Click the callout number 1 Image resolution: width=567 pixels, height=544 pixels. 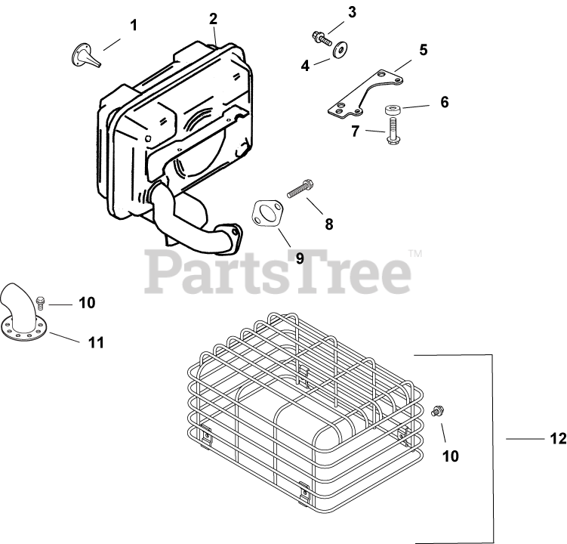coord(134,26)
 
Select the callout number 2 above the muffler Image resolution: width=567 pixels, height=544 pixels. coord(214,18)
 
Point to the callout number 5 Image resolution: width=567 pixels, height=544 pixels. coord(424,50)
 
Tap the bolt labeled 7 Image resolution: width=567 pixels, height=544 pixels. coord(392,136)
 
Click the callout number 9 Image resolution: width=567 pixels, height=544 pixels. coord(299,258)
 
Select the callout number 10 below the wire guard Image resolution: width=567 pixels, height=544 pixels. coord(450,456)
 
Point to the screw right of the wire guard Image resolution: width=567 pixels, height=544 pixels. coord(436,411)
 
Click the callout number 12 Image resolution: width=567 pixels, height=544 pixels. coord(557,439)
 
